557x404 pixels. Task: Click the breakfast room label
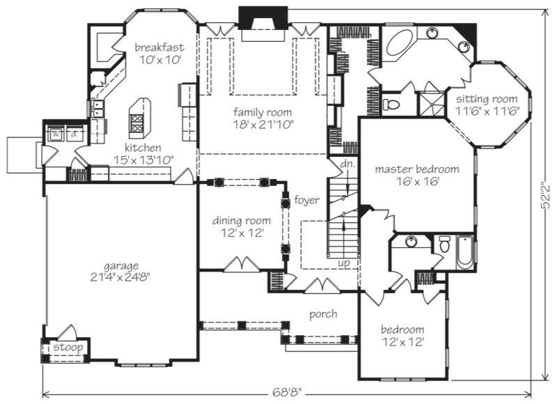[159, 47]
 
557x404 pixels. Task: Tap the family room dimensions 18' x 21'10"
[263, 125]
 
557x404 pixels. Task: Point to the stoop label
[68, 347]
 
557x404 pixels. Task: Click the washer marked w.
[56, 134]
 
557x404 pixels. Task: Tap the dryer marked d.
[74, 134]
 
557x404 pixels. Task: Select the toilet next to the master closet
[391, 104]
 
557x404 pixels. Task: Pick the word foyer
[306, 200]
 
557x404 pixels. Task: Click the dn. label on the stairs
[347, 164]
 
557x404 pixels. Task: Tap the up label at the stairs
[344, 263]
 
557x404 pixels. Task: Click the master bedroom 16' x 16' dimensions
[418, 182]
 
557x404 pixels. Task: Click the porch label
[323, 314]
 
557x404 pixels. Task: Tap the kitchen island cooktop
[137, 123]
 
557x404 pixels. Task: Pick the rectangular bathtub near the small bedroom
[464, 252]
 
